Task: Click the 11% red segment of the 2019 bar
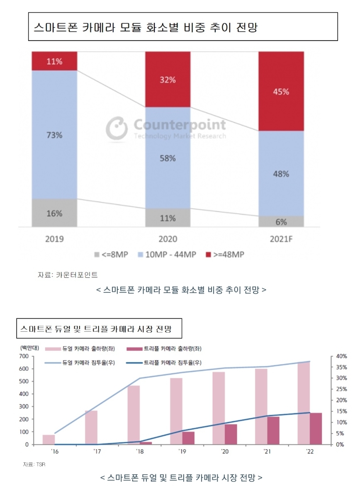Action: [x=54, y=61]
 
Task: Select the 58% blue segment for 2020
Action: [x=168, y=158]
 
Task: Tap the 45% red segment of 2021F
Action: [x=281, y=92]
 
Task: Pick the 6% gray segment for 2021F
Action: [x=281, y=222]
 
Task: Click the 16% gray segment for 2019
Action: [x=54, y=213]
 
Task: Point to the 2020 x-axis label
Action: [x=168, y=239]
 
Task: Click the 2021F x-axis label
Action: [x=281, y=239]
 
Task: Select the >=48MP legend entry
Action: [x=224, y=254]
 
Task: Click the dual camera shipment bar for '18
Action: [x=134, y=415]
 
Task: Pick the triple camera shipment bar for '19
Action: [x=188, y=438]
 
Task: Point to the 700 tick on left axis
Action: [x=23, y=356]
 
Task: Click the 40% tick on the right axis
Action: [x=341, y=356]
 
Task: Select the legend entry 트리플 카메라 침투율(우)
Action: [x=172, y=362]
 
